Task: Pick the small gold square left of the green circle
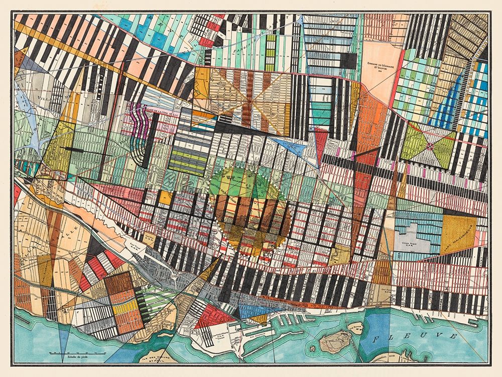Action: click(x=164, y=198)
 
